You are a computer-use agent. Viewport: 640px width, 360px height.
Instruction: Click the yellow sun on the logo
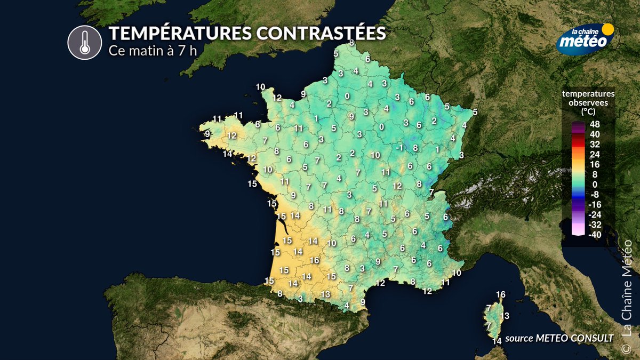(x=607, y=29)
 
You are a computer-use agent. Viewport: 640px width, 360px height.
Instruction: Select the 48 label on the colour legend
(x=595, y=124)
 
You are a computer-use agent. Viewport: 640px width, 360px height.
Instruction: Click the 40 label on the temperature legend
(x=595, y=134)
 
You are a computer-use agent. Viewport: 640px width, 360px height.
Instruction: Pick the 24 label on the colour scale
(x=595, y=154)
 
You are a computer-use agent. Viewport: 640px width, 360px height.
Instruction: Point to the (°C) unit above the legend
(x=588, y=113)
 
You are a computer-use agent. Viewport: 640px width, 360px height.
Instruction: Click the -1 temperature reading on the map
(x=399, y=148)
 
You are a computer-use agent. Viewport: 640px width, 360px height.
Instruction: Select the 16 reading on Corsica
(x=500, y=294)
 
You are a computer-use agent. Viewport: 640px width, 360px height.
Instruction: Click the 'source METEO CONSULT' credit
(x=559, y=337)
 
